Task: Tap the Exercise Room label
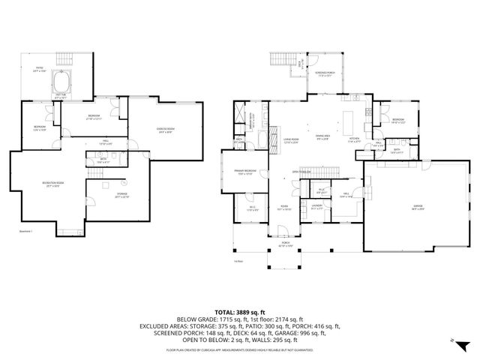click(x=166, y=130)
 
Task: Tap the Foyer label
click(x=285, y=208)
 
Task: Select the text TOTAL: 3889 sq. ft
click(x=239, y=310)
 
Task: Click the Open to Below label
click(x=301, y=171)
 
